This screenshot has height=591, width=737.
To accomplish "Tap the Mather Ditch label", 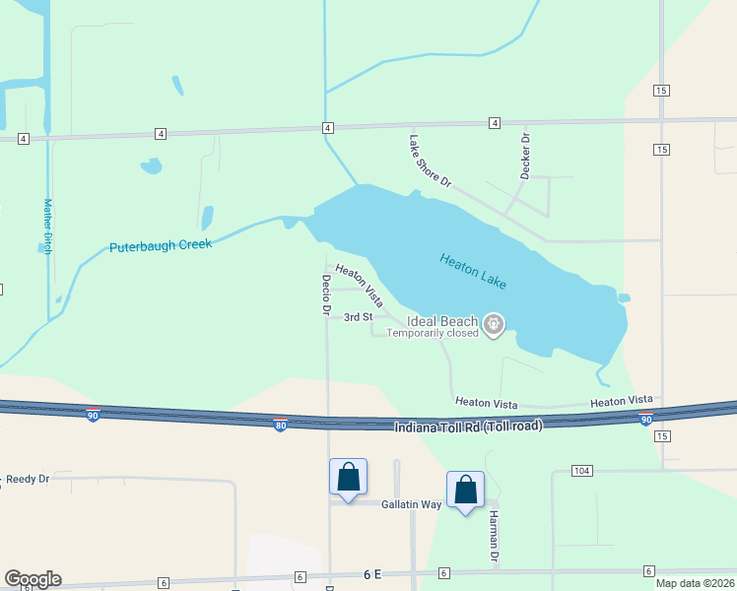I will coord(47,227).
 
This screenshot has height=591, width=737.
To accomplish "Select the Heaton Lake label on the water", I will coord(473,271).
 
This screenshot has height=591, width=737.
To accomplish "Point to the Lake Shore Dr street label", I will coord(430,162).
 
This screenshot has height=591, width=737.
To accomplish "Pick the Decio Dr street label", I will coord(325,294).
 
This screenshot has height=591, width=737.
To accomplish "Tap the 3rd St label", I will coord(358,317).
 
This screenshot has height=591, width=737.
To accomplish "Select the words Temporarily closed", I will coord(432,333).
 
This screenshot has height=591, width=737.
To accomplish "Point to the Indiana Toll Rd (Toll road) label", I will coord(468,426).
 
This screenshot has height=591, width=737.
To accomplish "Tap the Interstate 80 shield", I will coord(280,424).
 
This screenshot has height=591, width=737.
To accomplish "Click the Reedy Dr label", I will coord(28,479).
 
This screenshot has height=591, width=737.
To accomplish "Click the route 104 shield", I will coord(581,472).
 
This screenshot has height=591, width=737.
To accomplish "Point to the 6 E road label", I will coord(371,573).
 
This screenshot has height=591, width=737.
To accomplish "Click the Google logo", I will coord(33,579).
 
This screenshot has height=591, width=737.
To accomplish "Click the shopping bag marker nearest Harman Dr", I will coord(465,490).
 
